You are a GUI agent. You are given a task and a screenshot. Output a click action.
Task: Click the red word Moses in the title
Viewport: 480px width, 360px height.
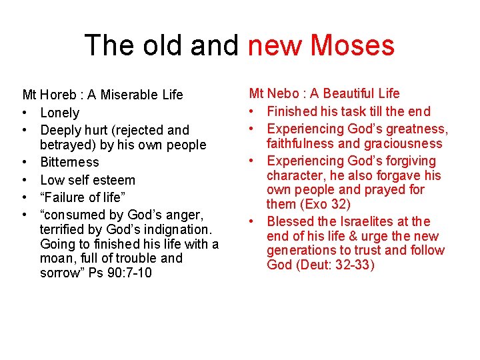click(x=353, y=45)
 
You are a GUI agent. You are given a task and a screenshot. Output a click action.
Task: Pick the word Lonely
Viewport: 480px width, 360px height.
click(x=59, y=113)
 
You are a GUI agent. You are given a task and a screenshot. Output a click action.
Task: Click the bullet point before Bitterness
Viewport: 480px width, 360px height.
click(x=25, y=162)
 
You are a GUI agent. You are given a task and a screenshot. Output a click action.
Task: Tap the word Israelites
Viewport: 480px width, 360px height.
click(x=366, y=221)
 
